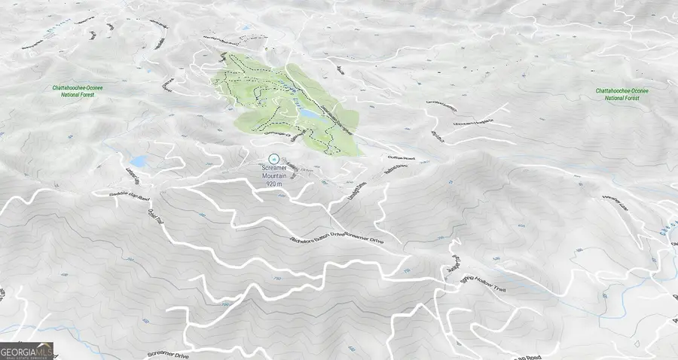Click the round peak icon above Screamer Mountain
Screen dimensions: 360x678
tap(274, 157)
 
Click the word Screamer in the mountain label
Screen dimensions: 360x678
tap(274, 167)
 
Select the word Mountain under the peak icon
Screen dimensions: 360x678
tap(274, 175)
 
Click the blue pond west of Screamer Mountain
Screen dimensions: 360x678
tap(139, 162)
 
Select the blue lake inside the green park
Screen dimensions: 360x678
tap(309, 113)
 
